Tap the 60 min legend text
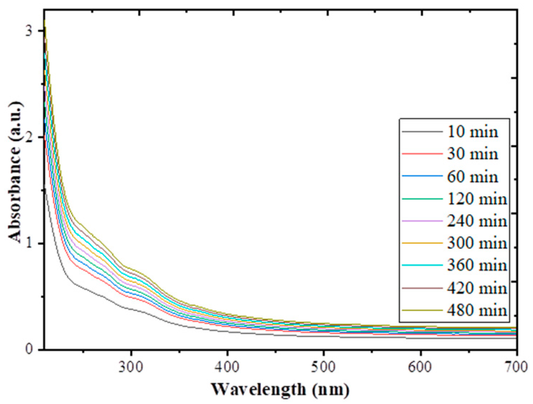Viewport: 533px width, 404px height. [472, 177]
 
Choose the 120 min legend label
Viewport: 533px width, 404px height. [477, 199]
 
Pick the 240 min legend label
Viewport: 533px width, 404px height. [477, 221]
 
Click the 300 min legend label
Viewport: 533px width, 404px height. [477, 243]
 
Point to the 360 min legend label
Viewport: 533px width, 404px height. [477, 265]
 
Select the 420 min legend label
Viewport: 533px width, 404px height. [477, 288]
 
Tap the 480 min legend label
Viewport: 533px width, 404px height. [477, 310]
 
